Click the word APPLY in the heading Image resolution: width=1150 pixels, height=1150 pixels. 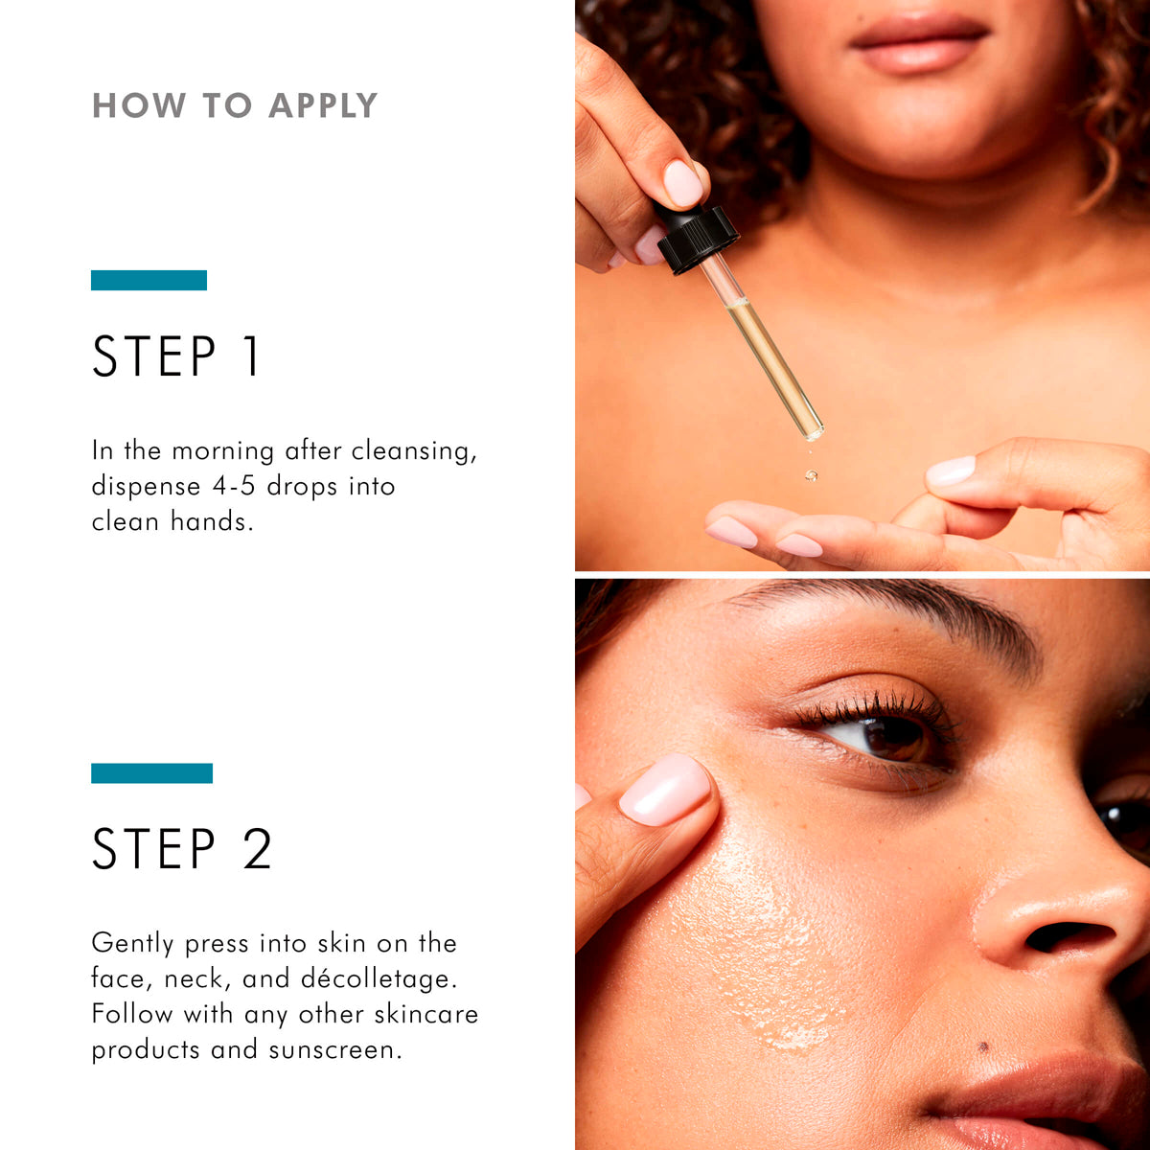click(x=323, y=105)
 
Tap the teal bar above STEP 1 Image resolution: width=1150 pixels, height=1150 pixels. click(x=149, y=280)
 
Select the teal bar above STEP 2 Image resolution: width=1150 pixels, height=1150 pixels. click(x=151, y=773)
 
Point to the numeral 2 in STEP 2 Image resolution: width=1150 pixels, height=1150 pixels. click(x=257, y=849)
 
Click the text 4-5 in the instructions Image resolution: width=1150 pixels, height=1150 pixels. click(x=235, y=486)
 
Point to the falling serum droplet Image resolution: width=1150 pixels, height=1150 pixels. click(x=812, y=474)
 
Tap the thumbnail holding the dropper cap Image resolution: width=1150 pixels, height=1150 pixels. click(x=683, y=182)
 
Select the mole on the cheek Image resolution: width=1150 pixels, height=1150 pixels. click(x=982, y=1046)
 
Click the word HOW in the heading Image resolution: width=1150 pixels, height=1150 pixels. click(x=139, y=105)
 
